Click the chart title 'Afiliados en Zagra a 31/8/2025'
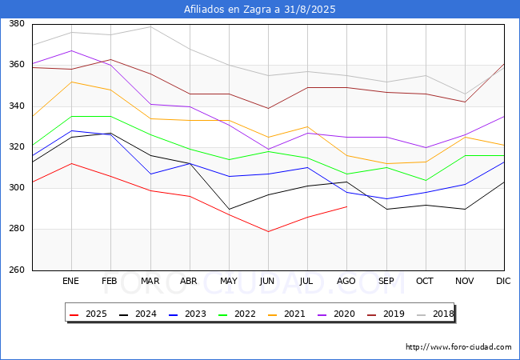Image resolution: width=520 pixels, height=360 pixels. coord(260,10)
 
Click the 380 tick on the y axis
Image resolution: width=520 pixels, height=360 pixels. coord(14,24)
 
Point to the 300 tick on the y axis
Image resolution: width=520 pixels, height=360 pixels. coord(14,188)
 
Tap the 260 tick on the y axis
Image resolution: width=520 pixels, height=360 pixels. coord(14,270)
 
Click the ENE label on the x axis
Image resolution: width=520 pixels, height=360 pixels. coord(71,282)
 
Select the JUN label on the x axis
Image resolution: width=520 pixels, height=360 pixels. coord(268,282)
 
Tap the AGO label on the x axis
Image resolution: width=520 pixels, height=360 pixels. coord(346,282)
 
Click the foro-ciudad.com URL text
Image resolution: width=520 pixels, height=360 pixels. coord(458,347)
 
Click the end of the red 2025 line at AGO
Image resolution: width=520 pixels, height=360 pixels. coord(346,206)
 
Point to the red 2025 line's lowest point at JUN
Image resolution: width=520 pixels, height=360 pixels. coord(268,231)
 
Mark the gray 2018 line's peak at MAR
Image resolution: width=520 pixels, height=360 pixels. coord(150,26)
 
